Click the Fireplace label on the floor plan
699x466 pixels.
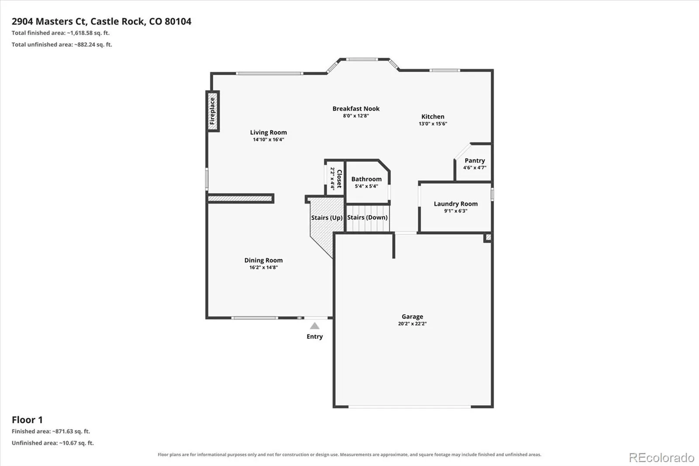pos(212,111)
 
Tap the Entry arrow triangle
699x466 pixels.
pos(315,326)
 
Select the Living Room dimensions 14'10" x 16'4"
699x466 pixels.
pos(268,139)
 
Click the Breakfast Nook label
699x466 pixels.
pos(356,109)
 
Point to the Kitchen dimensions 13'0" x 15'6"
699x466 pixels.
pos(433,124)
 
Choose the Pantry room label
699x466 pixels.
pos(474,160)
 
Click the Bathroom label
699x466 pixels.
pos(367,179)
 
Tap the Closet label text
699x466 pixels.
pos(339,179)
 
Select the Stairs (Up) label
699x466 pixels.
pos(327,218)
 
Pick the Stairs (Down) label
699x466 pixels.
pos(367,217)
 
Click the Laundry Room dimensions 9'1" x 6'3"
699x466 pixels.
pos(456,211)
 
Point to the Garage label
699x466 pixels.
pos(412,316)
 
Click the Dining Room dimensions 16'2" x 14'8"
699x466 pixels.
pos(263,268)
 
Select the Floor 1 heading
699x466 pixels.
pos(27,420)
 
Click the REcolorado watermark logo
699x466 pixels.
pos(661,458)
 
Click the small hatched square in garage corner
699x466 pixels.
pos(488,238)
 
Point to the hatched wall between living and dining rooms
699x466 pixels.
pos(240,198)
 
